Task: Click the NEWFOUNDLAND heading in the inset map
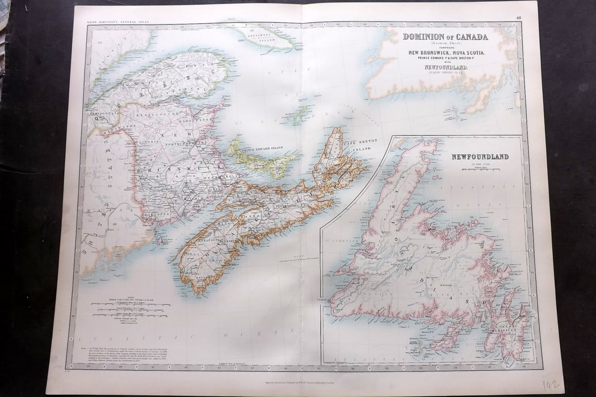pyautogui.click(x=480, y=156)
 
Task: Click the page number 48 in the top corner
pyautogui.click(x=518, y=18)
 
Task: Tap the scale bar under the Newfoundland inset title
pyautogui.click(x=480, y=169)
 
